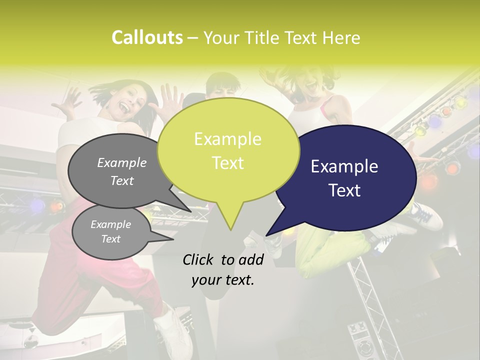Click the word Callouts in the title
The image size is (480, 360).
click(147, 37)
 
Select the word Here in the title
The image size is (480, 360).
click(341, 37)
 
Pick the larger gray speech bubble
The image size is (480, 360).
click(120, 170)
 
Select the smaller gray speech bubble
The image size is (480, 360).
click(110, 232)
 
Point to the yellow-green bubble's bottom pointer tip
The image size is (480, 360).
click(230, 229)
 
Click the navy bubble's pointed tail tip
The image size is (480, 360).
click(267, 234)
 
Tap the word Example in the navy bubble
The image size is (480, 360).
click(344, 166)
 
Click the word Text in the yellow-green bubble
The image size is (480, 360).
click(228, 163)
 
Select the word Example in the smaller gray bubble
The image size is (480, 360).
click(110, 224)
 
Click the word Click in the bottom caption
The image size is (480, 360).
click(199, 259)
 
